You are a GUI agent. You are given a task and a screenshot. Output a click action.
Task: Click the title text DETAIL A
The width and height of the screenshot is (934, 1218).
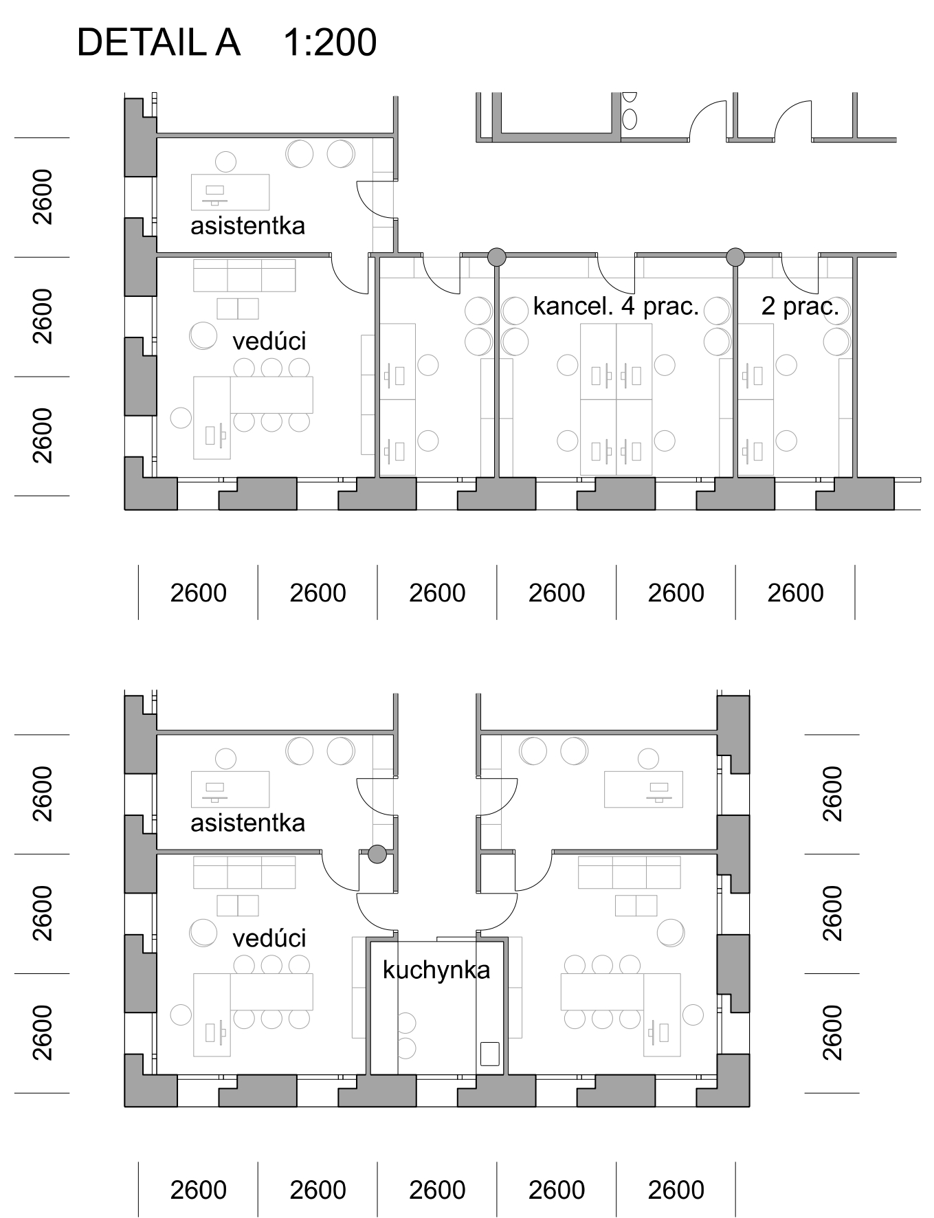[x=158, y=42]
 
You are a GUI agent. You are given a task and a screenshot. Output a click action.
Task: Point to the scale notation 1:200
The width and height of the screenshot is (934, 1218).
[x=330, y=42]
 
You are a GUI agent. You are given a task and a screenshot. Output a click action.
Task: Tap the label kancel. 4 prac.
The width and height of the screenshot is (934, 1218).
[x=616, y=306]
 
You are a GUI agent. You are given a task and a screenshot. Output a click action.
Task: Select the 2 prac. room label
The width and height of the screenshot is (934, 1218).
[x=800, y=306]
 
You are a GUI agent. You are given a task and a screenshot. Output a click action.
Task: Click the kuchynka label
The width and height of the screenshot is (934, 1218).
[x=436, y=970]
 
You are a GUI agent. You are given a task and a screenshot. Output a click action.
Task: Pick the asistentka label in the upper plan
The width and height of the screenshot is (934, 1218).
[x=247, y=225]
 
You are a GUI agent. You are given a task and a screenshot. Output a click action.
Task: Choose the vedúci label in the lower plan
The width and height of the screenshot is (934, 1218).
[x=269, y=938]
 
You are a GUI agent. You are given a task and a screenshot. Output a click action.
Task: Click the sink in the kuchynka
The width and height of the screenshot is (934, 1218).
[x=489, y=1054]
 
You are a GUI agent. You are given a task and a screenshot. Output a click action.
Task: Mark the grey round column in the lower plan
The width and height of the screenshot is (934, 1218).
[x=377, y=854]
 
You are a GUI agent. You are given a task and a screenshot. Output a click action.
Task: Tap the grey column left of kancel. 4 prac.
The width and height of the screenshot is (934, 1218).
[x=496, y=257]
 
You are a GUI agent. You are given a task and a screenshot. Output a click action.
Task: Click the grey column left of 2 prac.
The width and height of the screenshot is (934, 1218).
[x=735, y=257]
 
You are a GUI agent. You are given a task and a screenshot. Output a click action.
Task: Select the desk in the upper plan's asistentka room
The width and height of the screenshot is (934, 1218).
[x=230, y=192]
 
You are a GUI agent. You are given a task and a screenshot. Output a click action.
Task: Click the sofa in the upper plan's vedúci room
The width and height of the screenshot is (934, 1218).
[x=245, y=276]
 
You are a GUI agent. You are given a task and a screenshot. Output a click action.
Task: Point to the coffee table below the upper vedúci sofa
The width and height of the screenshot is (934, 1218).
[x=238, y=309]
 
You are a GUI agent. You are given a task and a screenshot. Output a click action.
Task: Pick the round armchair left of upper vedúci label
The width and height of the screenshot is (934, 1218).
[x=203, y=335]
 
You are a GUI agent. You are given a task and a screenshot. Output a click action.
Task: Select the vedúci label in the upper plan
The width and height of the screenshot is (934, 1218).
[x=269, y=341]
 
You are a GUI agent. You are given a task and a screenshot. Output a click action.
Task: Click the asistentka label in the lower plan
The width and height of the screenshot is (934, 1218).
[x=247, y=823]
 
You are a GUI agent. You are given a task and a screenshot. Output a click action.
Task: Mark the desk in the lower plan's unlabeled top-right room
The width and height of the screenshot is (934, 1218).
[x=644, y=789]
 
